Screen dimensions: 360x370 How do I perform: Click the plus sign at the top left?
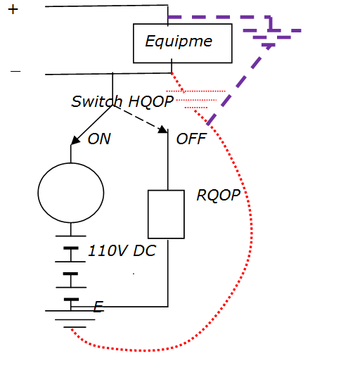pos(13,10)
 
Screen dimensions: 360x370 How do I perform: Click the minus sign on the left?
pos(15,71)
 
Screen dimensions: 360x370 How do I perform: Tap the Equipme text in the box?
pos(179,42)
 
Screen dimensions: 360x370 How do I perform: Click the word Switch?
pos(97,102)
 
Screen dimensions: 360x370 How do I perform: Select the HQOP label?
pos(150,102)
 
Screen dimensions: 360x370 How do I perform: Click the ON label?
pos(99,139)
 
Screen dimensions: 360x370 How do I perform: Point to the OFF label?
pos(191,139)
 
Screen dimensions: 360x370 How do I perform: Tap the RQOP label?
pos(219,196)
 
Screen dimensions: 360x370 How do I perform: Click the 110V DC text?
pos(122,250)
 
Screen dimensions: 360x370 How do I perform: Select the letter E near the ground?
pos(98,307)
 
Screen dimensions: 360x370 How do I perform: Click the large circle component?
pos(71,162)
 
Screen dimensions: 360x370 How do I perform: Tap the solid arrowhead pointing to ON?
pos(75,141)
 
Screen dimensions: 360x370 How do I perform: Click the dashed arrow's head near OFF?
pos(163,129)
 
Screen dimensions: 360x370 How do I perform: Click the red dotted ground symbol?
pos(195,99)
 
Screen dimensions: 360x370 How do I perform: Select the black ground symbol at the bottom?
pos(71,319)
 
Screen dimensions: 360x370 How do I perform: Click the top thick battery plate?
pos(71,248)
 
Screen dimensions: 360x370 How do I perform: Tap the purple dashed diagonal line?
pos(239,84)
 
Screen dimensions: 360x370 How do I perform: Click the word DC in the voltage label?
pos(144,250)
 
